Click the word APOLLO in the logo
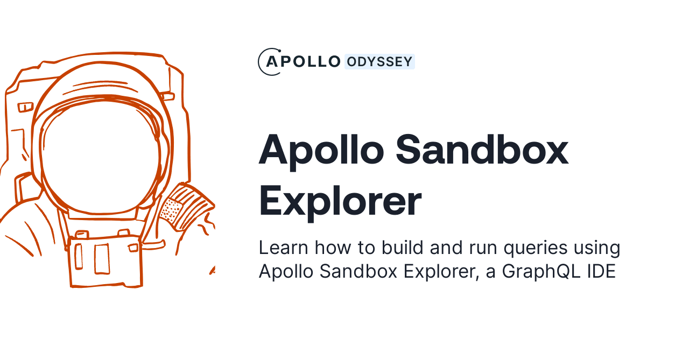pos(304,62)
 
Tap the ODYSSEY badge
pos(379,62)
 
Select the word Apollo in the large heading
pos(321,151)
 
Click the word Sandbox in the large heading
pos(482,151)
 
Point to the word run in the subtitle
pos(480,248)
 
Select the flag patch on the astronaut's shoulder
pos(186,207)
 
